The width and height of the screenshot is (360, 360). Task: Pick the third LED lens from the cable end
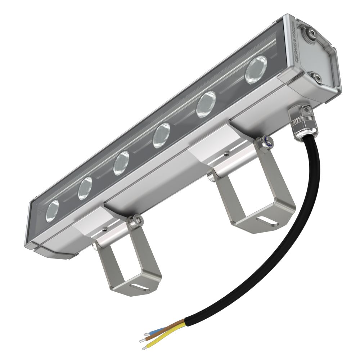tap(161, 135)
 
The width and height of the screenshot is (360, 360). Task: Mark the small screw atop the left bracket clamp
tap(104, 229)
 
